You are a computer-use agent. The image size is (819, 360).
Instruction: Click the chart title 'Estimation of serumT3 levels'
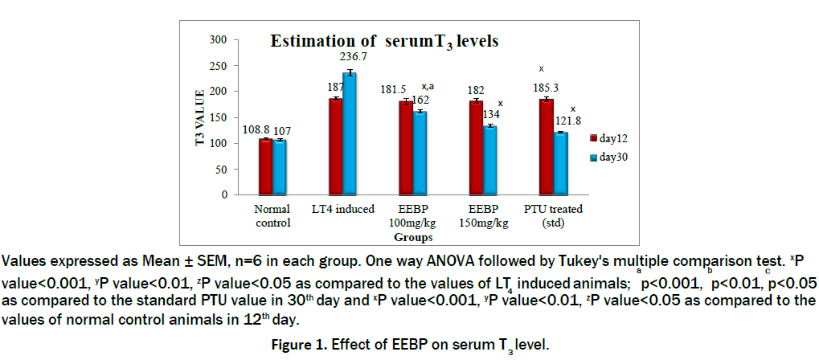pos(384,42)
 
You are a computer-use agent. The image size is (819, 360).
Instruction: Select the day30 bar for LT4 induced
pos(350,133)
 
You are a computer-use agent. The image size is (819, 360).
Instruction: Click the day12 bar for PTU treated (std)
pos(546,146)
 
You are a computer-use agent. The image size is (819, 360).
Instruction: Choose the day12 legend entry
pos(612,139)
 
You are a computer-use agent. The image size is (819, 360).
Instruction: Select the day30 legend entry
pos(612,157)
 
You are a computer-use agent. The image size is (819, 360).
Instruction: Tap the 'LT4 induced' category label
pos(343,210)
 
